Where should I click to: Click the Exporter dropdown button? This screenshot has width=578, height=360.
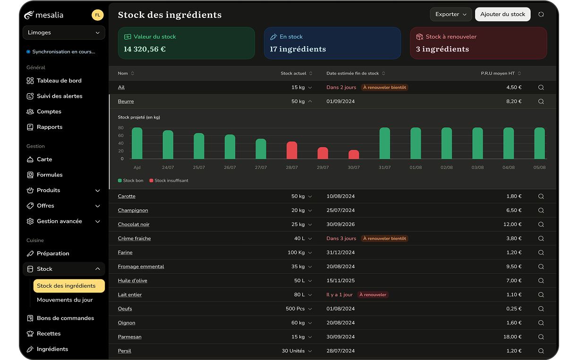point(450,15)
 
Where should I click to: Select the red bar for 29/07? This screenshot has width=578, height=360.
point(323,153)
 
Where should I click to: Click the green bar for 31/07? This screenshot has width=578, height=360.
point(384,143)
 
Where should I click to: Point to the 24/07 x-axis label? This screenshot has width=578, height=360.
point(168,167)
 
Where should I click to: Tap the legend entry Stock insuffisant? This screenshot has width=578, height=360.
point(169,181)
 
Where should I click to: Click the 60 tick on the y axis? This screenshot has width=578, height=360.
point(121,136)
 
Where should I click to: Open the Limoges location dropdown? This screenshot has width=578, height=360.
point(64,33)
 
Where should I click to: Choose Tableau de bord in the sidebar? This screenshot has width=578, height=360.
point(59,81)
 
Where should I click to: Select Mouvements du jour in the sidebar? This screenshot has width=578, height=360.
point(65,300)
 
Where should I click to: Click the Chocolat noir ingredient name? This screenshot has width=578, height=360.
point(134,225)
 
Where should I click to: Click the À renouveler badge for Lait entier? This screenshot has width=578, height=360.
point(373,295)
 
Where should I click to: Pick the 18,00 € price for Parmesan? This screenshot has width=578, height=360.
point(512,337)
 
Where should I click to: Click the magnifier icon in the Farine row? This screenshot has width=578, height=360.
point(541,252)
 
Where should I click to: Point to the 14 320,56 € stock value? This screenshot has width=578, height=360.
point(144,49)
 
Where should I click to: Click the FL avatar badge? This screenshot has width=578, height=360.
point(97,15)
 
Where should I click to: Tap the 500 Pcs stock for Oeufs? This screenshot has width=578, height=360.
point(295,309)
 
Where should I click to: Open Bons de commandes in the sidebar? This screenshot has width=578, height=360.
point(65,318)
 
